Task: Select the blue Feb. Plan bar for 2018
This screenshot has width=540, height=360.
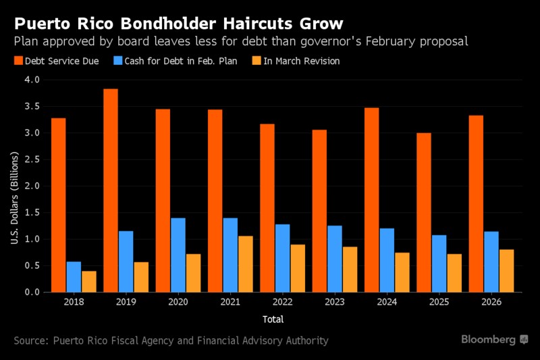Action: tap(74, 277)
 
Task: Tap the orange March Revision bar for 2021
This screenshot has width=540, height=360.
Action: tap(246, 264)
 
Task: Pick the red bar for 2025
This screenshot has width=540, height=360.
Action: tap(423, 212)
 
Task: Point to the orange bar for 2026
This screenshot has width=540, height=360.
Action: tap(506, 271)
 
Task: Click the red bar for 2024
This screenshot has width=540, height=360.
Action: tap(371, 200)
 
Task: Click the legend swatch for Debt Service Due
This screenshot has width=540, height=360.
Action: tap(18, 61)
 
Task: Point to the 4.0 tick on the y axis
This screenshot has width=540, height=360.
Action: tap(32, 80)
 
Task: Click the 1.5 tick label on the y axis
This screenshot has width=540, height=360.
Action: tap(32, 213)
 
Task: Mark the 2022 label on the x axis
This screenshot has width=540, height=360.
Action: tap(282, 303)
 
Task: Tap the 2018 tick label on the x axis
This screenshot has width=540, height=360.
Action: tap(74, 303)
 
